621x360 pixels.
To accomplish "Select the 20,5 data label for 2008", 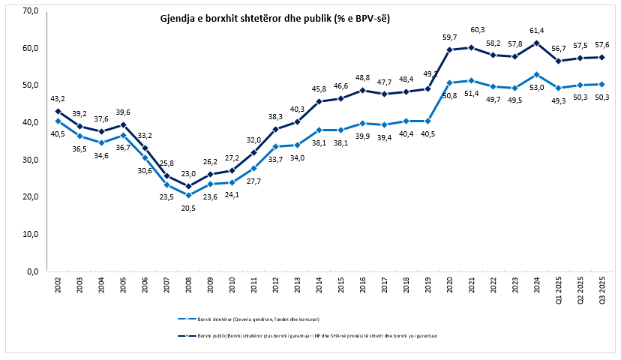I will click(189, 208).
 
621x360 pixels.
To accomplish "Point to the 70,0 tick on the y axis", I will click(31, 11).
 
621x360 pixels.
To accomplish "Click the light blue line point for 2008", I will click(189, 195).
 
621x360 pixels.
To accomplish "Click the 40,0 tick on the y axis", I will click(31, 122).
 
